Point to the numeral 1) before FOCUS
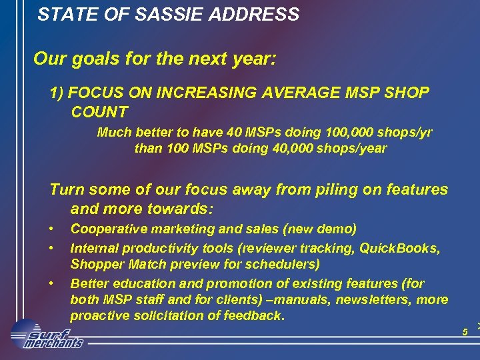coord(57,93)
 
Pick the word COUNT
coord(99,111)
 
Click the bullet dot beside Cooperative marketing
coord(52,229)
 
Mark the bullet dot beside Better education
coord(52,283)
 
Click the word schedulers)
coord(282,264)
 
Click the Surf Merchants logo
coord(47,335)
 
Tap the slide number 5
coord(465,331)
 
